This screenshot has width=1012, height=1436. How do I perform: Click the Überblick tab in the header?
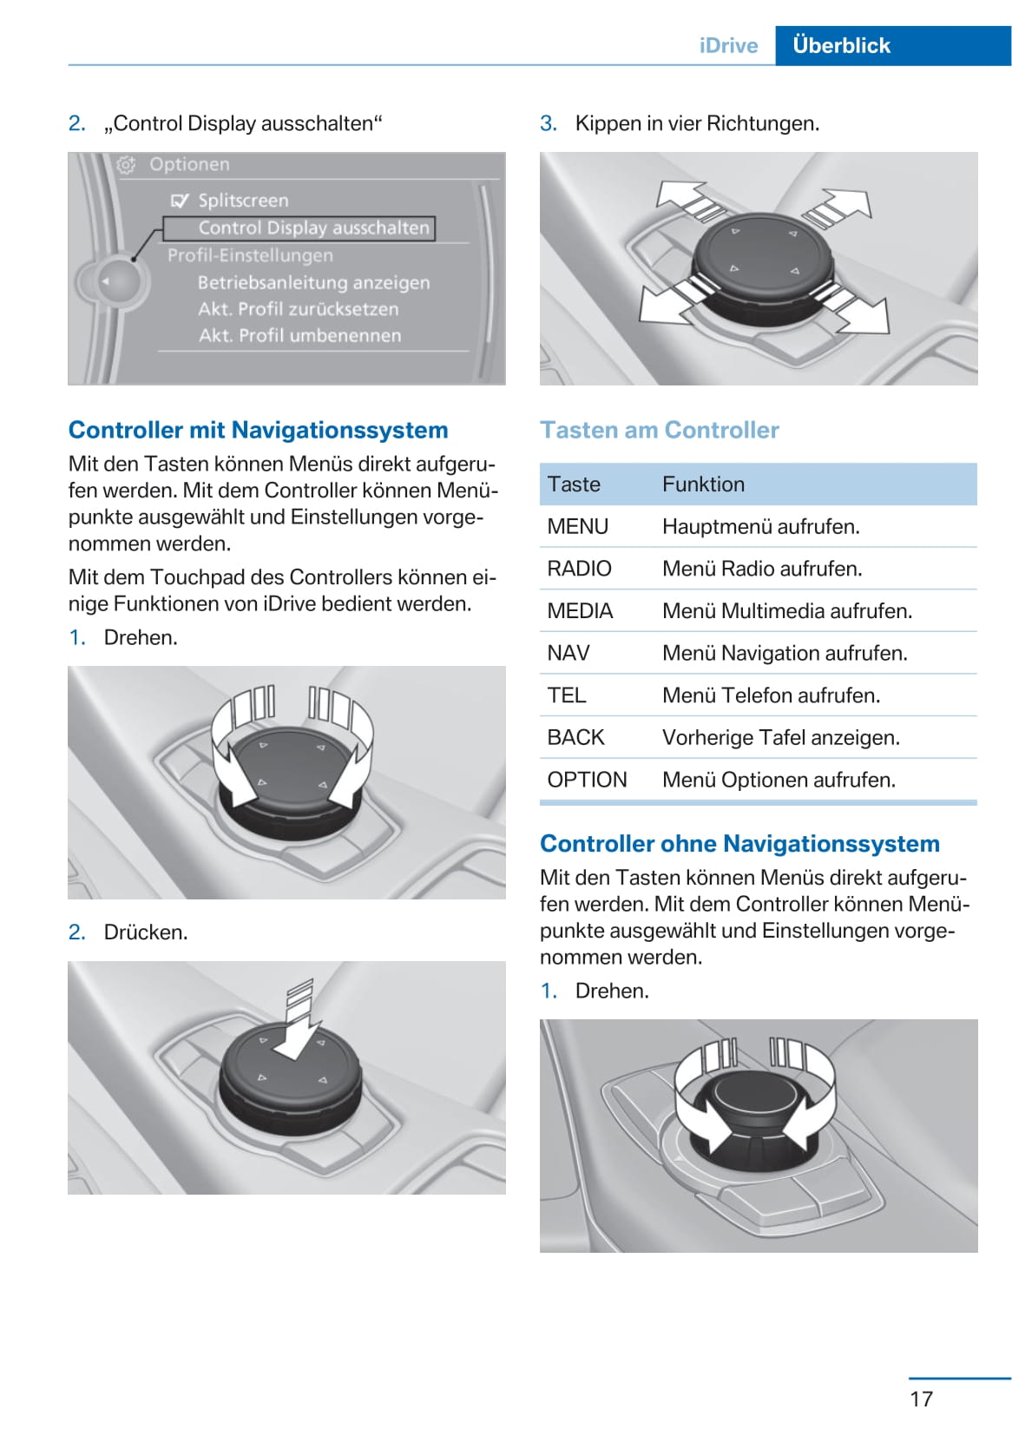(841, 45)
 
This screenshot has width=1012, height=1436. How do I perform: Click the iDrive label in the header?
(728, 45)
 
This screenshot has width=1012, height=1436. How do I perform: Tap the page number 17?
(921, 1399)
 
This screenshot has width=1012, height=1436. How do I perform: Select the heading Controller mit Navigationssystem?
(258, 430)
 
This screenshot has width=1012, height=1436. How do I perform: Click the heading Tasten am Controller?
(659, 430)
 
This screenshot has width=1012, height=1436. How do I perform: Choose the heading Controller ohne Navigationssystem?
(739, 843)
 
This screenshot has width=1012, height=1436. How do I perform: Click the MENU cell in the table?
(577, 526)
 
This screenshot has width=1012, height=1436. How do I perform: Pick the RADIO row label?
(579, 569)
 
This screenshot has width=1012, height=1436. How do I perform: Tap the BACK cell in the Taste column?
(575, 737)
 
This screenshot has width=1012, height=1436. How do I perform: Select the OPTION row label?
(587, 780)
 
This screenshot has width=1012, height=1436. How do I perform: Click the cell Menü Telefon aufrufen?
(771, 695)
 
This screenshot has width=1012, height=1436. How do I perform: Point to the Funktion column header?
(703, 484)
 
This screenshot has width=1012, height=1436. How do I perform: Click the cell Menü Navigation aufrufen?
(785, 653)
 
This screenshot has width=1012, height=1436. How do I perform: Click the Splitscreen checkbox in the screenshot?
(180, 201)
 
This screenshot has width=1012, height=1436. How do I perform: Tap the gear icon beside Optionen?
(127, 165)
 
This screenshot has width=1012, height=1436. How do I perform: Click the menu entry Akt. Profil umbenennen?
(299, 335)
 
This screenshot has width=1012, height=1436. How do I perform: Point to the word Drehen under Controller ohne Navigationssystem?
(612, 991)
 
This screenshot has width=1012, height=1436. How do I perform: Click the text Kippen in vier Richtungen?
(697, 123)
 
